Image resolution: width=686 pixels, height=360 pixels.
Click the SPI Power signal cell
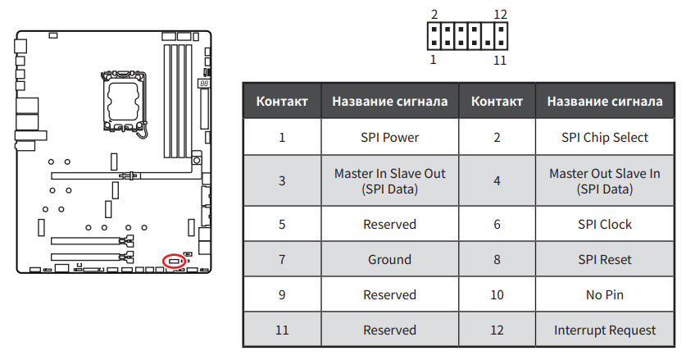pos(389,137)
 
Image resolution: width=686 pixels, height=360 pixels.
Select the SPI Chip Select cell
pos(604,137)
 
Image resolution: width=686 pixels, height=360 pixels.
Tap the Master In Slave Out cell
pos(389,181)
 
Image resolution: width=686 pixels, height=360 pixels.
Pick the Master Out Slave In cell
pos(604,181)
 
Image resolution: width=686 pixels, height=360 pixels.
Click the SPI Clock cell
pos(604,224)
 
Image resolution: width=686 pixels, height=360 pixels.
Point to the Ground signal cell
pos(389,259)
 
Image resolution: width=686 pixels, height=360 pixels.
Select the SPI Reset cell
pos(604,259)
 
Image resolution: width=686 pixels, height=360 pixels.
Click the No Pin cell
pos(604,294)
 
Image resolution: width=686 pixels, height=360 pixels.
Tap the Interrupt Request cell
pos(604,330)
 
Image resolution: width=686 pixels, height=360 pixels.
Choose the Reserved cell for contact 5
pos(389,224)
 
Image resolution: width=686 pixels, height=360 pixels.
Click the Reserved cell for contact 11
pos(389,330)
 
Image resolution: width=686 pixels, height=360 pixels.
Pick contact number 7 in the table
pos(282,259)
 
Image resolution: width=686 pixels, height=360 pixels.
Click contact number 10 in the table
pos(497,294)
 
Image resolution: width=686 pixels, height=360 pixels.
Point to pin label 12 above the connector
pos(502,15)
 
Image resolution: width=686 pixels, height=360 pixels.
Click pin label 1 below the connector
pos(434,60)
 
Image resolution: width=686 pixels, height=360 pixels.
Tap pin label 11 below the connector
pos(501,60)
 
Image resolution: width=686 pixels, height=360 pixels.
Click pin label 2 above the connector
pos(434,15)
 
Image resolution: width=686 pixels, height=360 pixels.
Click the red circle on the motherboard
pos(174,261)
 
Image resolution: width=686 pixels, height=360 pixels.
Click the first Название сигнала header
pos(389,102)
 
